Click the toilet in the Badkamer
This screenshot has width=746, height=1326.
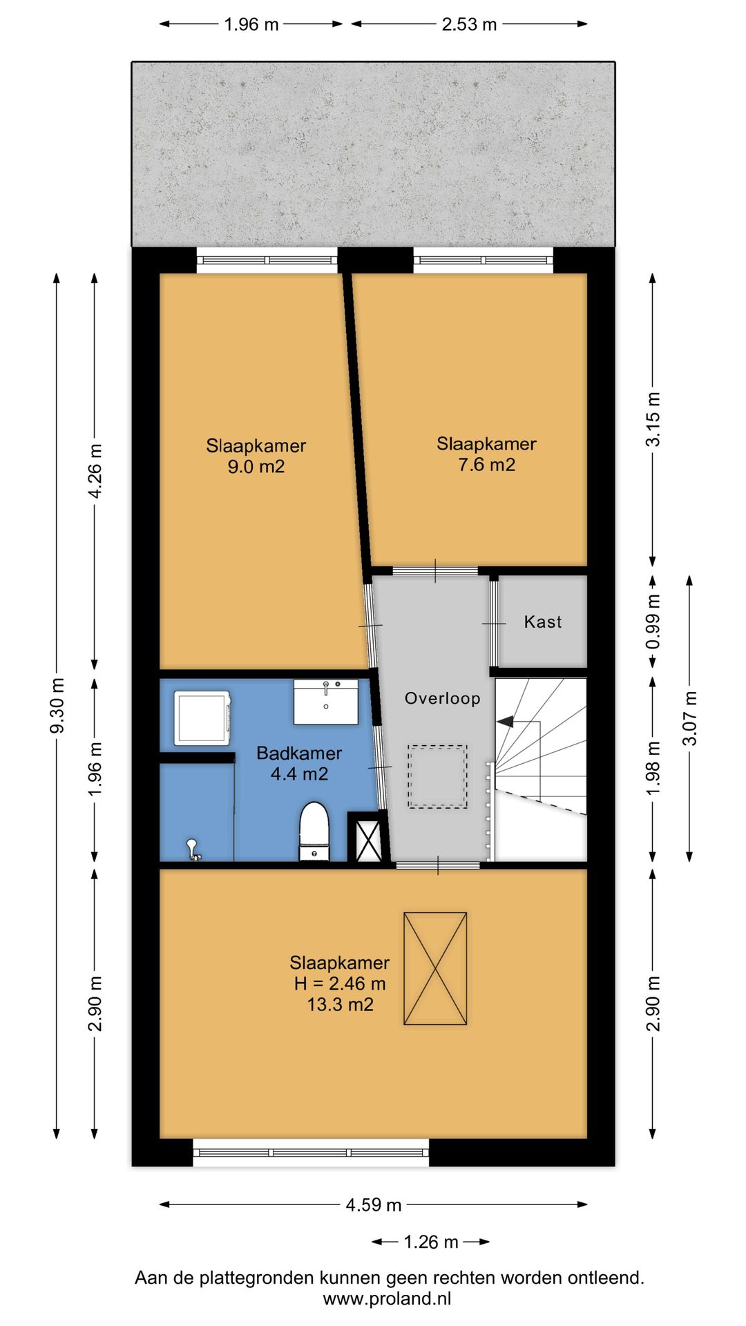pos(314,832)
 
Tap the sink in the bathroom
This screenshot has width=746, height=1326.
pos(326,702)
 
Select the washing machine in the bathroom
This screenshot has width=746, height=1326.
pos(202,718)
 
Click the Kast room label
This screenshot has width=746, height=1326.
pos(543,622)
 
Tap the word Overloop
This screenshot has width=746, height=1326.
pos(442,698)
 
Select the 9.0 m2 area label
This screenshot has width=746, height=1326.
pos(256,467)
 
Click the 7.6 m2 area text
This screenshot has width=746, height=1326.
pos(487,465)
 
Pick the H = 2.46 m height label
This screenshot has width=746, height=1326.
pos(340,983)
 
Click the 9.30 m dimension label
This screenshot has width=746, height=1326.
pos(57,705)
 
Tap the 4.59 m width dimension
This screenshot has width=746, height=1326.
pos(374,1205)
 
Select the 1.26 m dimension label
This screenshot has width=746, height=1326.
pos(431,1242)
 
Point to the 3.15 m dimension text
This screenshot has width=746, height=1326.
pos(653,419)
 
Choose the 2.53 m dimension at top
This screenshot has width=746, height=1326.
pos(470,24)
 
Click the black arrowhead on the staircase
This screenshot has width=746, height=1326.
pos(505,722)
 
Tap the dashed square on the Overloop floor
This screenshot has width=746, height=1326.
pos(437,776)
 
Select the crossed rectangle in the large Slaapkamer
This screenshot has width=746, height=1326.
pos(435,968)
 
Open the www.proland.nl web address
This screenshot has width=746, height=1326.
pos(387,1298)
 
